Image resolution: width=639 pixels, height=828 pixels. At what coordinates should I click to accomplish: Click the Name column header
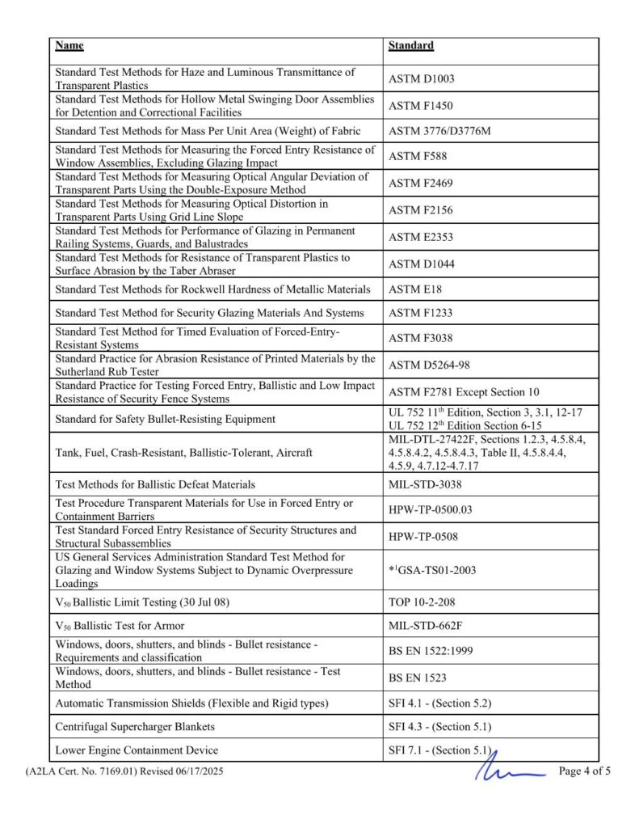point(69,46)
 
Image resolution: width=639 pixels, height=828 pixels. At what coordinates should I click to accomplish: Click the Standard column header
point(410,46)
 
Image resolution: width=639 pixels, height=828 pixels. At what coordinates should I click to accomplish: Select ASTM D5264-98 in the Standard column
point(427,365)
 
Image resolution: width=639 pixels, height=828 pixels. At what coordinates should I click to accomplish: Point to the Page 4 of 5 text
point(585,771)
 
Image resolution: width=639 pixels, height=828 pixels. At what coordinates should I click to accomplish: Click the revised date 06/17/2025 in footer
point(193,771)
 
